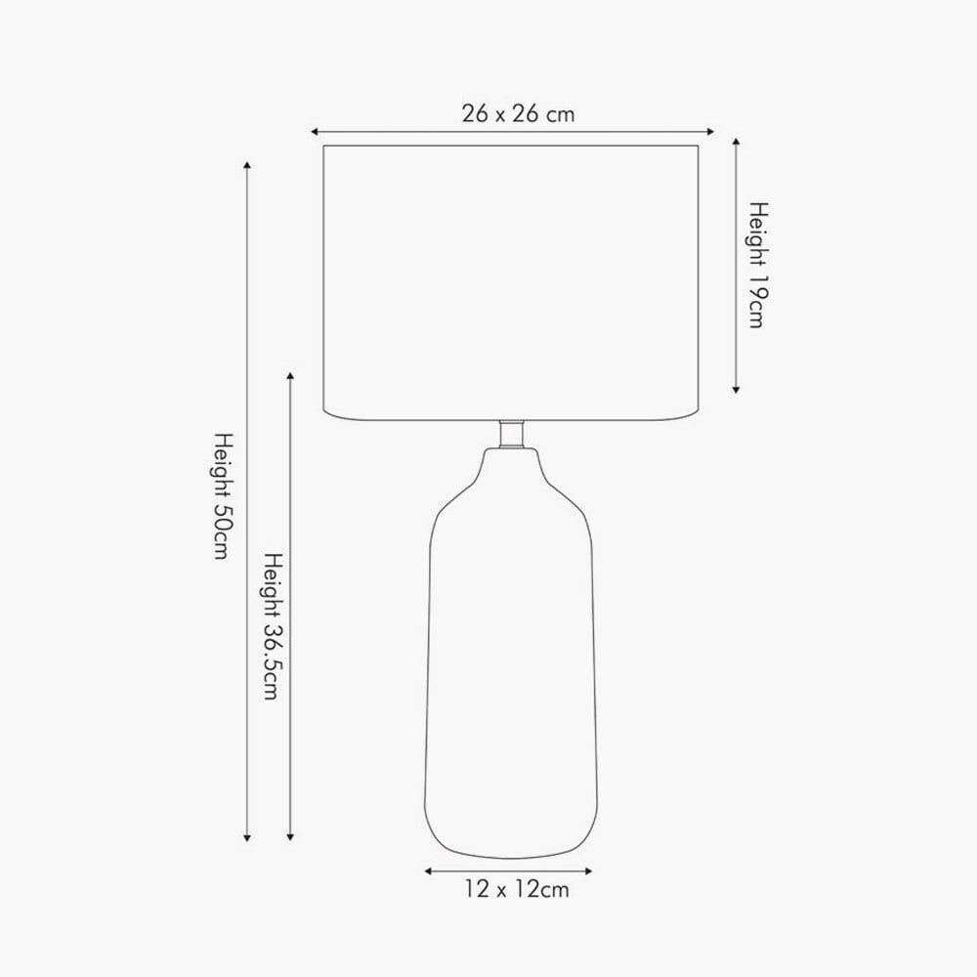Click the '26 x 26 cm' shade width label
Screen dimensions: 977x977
(518, 113)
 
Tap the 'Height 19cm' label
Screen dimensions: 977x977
(758, 265)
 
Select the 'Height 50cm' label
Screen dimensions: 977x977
(223, 496)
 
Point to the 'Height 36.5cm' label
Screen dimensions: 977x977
(273, 625)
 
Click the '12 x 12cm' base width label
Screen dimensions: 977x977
(517, 888)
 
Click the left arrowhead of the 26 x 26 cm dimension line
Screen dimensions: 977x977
(315, 132)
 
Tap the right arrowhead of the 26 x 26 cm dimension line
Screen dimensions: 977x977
(709, 132)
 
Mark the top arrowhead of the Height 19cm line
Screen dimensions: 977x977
(736, 142)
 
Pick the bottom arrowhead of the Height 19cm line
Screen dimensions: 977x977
(736, 390)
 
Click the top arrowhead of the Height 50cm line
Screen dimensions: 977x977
(247, 165)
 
